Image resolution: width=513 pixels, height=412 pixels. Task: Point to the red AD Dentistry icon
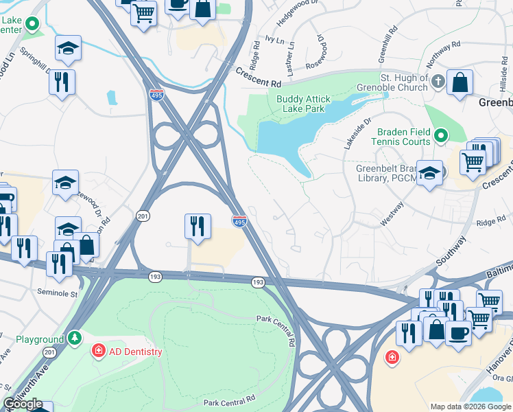click(99, 352)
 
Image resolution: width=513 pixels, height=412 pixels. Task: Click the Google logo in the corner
click(23, 404)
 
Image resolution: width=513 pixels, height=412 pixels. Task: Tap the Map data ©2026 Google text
click(469, 407)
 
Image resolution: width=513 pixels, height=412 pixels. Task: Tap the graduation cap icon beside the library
click(430, 172)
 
